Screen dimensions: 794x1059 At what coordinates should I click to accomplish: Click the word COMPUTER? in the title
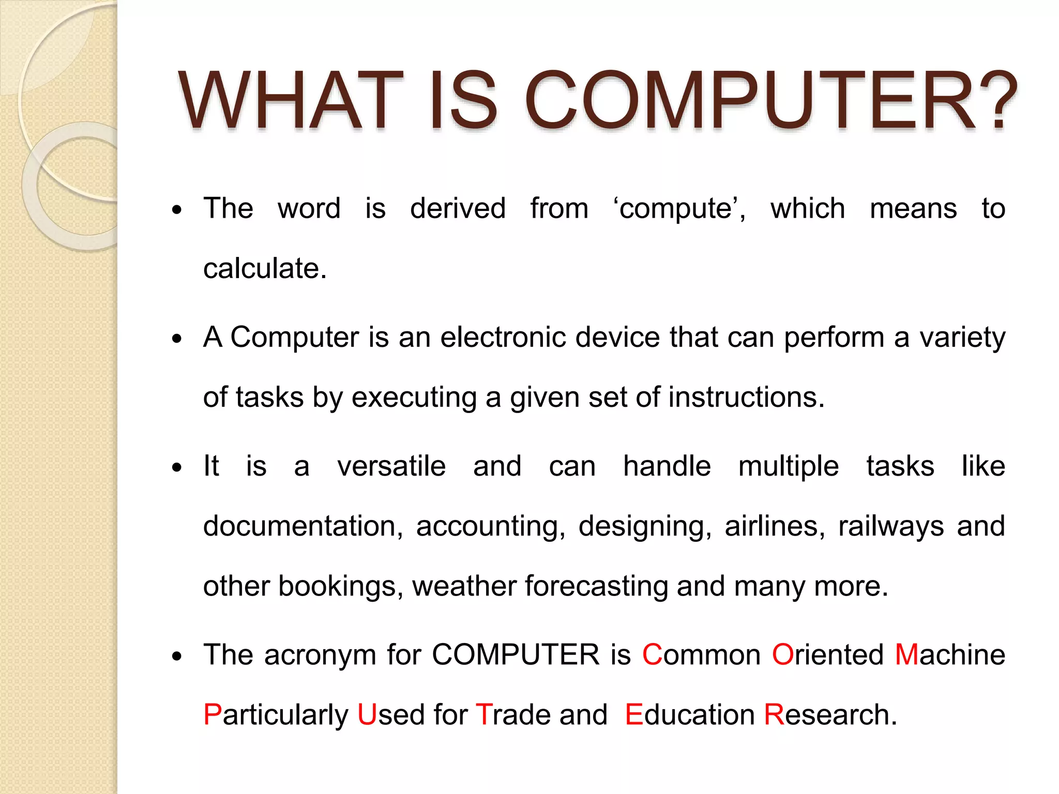pyautogui.click(x=770, y=101)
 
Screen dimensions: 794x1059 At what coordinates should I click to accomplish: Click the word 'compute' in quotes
pyautogui.click(x=679, y=209)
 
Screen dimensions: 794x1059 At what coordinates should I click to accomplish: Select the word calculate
pyautogui.click(x=264, y=269)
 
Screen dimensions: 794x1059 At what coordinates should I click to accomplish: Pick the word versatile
pyautogui.click(x=391, y=466)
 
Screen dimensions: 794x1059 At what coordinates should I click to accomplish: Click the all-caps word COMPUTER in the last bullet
pyautogui.click(x=515, y=655)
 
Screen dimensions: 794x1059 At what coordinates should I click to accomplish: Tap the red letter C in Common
pyautogui.click(x=652, y=655)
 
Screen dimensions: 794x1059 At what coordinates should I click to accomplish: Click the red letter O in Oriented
pyautogui.click(x=783, y=655)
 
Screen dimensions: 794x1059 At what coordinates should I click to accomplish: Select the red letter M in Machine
pyautogui.click(x=906, y=655)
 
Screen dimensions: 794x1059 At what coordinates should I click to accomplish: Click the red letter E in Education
pyautogui.click(x=633, y=715)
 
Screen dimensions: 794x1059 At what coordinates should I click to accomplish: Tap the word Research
pyautogui.click(x=830, y=715)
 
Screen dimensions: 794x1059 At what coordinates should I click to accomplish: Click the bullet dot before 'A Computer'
pyautogui.click(x=177, y=339)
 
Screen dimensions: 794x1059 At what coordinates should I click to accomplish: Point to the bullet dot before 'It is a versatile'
pyautogui.click(x=177, y=468)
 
